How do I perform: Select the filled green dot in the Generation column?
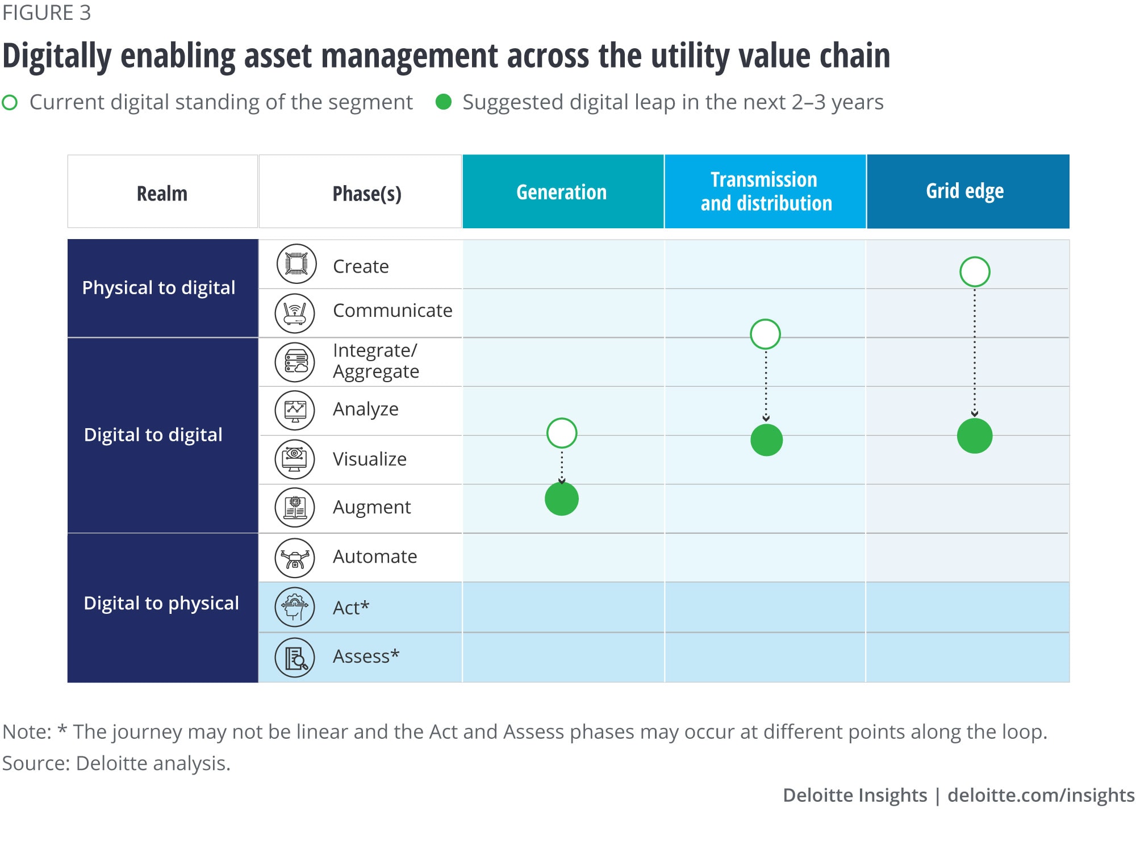pyautogui.click(x=562, y=499)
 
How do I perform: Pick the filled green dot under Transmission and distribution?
pyautogui.click(x=766, y=440)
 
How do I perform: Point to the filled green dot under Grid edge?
pyautogui.click(x=975, y=436)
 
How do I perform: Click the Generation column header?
pyautogui.click(x=563, y=191)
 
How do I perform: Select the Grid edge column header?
pyautogui.click(x=968, y=191)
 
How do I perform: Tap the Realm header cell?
pyautogui.click(x=162, y=191)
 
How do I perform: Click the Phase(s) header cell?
pyautogui.click(x=360, y=191)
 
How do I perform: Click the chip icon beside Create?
pyautogui.click(x=296, y=264)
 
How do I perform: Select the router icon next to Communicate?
pyautogui.click(x=295, y=313)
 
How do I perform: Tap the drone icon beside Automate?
pyautogui.click(x=295, y=558)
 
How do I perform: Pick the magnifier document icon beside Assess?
pyautogui.click(x=295, y=658)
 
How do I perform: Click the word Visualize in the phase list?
pyautogui.click(x=370, y=459)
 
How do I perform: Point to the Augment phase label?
pyautogui.click(x=372, y=507)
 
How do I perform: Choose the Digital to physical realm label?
pyautogui.click(x=161, y=603)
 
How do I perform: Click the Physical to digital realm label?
pyautogui.click(x=158, y=288)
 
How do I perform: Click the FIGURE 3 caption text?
pyautogui.click(x=47, y=13)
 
